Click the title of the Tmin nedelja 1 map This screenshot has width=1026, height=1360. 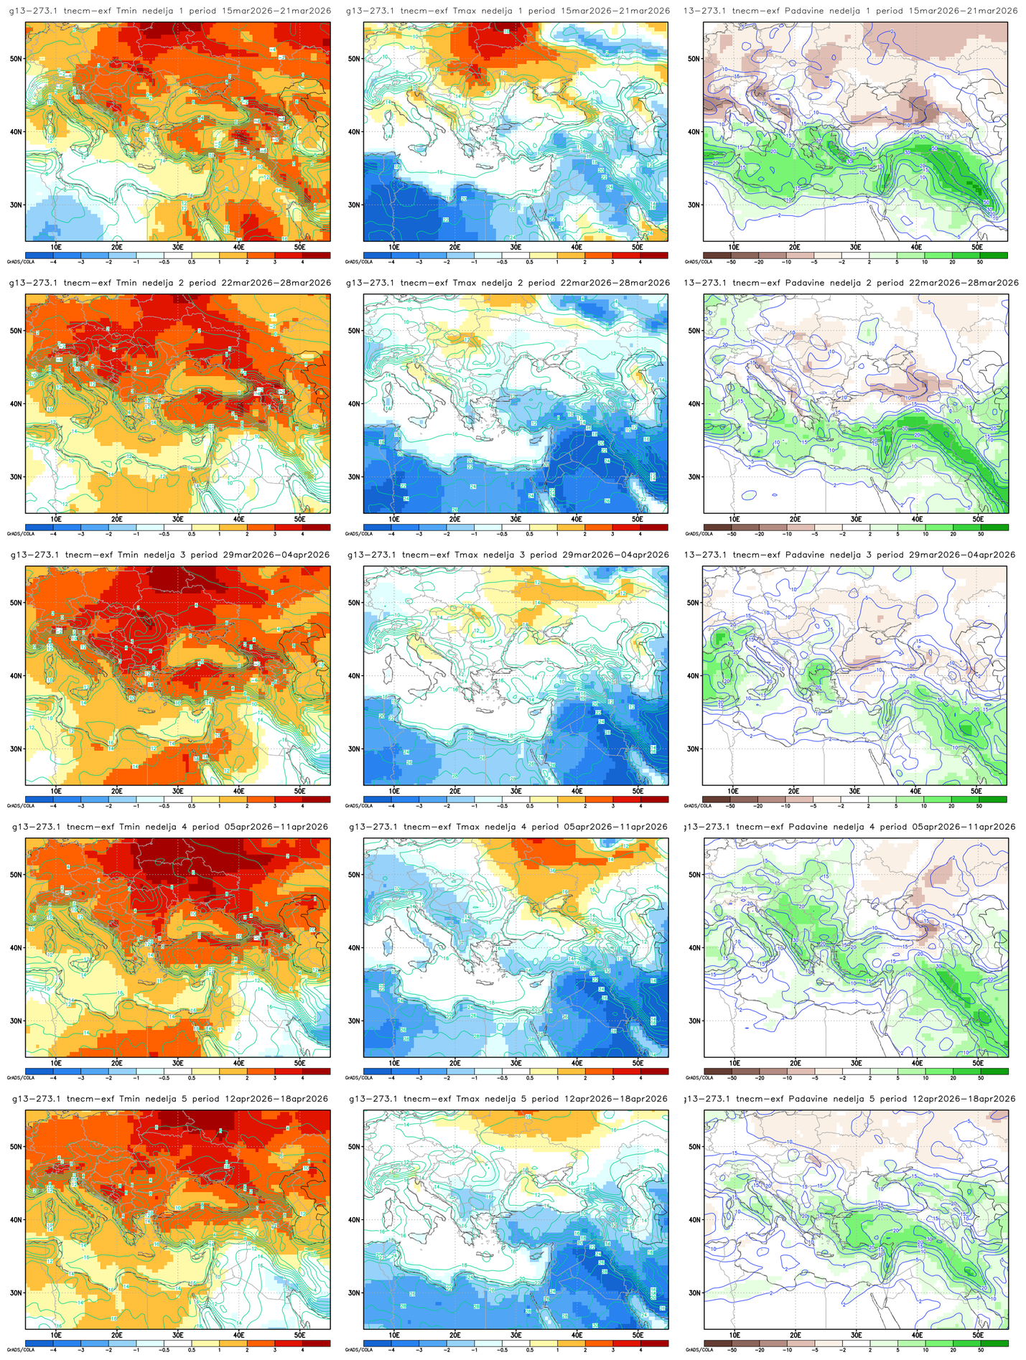pyautogui.click(x=169, y=11)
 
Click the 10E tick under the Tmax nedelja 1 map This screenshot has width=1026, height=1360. pyautogui.click(x=394, y=247)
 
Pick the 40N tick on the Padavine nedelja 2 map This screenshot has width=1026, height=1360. pyautogui.click(x=694, y=403)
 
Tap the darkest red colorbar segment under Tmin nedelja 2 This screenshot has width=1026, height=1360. pyautogui.click(x=317, y=527)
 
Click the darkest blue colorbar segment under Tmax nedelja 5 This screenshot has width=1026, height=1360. pyautogui.click(x=377, y=1343)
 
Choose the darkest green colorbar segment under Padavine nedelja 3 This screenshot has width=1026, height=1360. pyautogui.click(x=993, y=799)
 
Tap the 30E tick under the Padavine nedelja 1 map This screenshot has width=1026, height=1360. pyautogui.click(x=856, y=247)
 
